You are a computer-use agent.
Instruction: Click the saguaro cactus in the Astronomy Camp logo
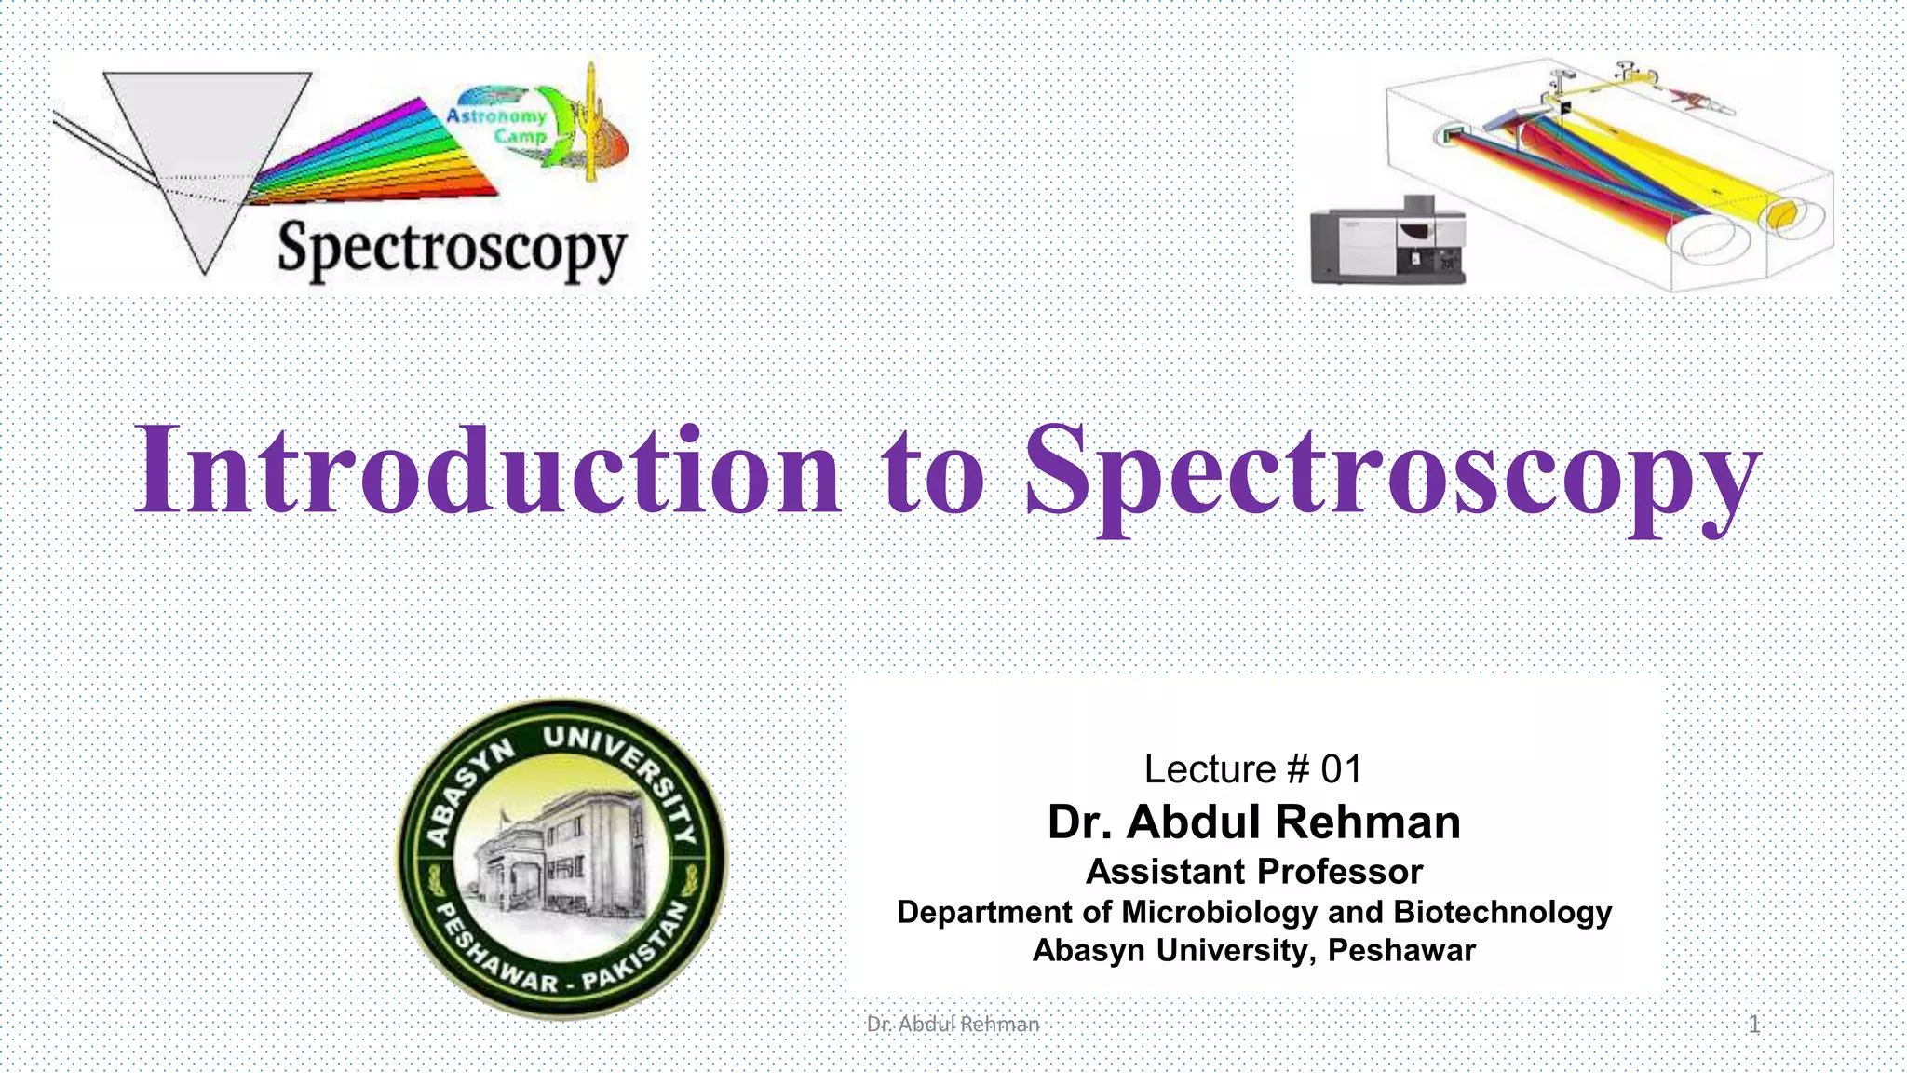tap(590, 121)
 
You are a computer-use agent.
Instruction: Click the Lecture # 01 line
tap(1253, 769)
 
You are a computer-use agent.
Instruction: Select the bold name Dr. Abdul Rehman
tap(1253, 822)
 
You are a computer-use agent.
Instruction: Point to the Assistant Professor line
tap(1253, 872)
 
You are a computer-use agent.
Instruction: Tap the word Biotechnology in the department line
tap(1502, 912)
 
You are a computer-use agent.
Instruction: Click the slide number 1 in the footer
tap(1753, 1025)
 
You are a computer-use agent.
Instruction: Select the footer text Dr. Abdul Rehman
tap(953, 1025)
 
